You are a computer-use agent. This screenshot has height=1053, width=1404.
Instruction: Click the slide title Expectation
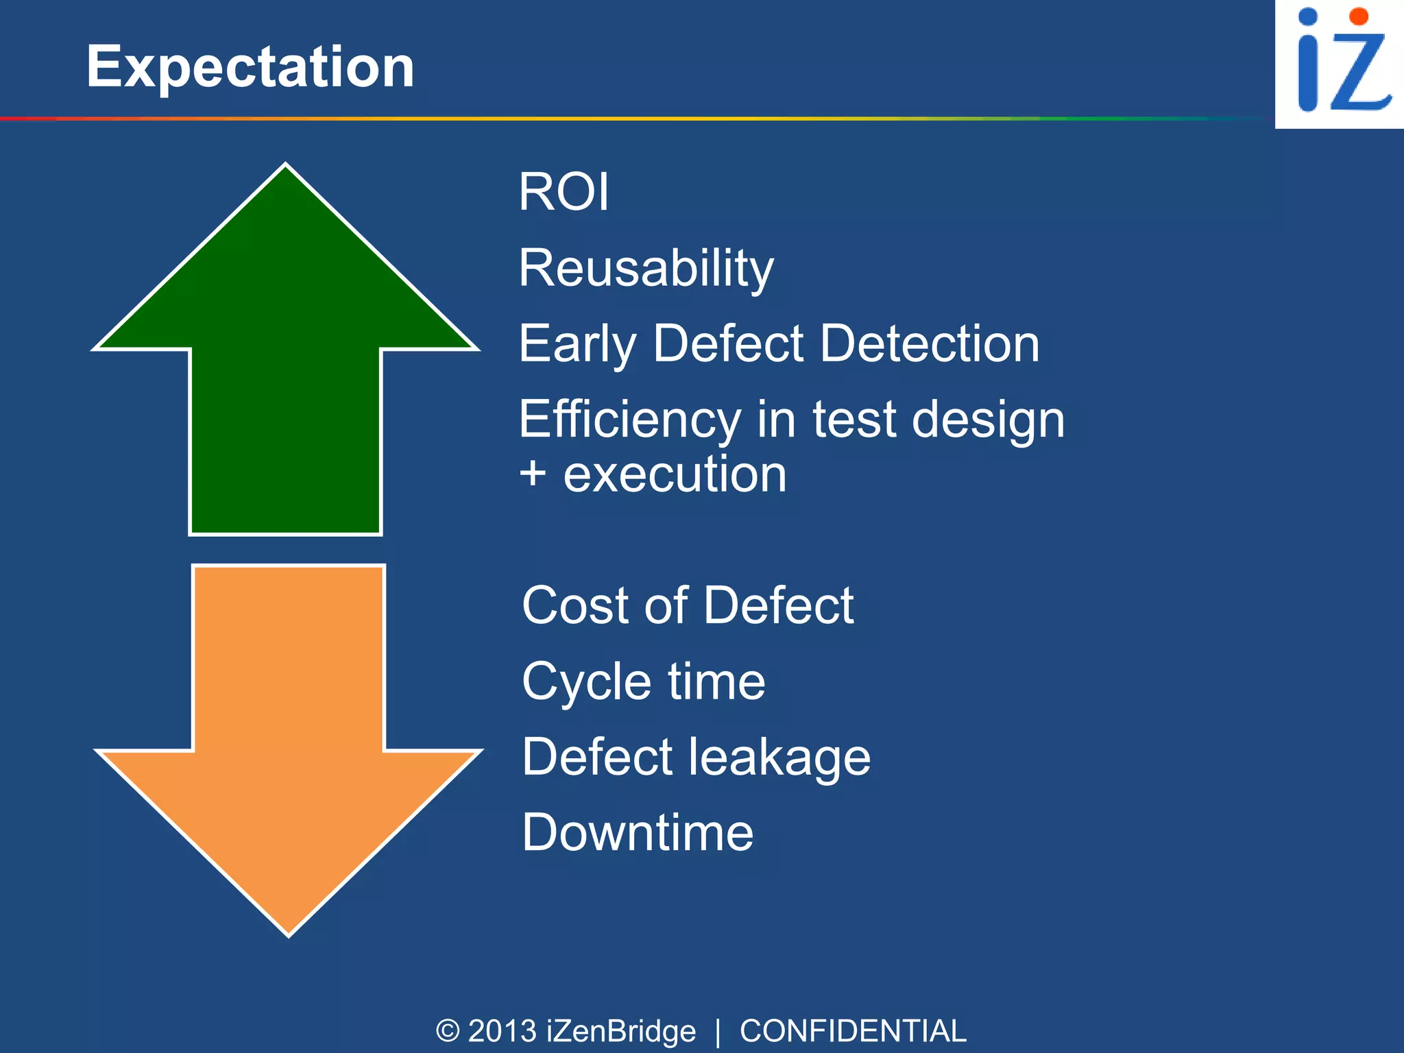(x=250, y=67)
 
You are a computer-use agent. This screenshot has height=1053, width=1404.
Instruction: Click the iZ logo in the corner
(x=1340, y=63)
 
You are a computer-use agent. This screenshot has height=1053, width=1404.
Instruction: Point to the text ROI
(x=564, y=192)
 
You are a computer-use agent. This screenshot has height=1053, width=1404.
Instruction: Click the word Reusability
(x=646, y=268)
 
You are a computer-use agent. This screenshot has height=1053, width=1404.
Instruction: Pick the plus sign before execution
(x=533, y=474)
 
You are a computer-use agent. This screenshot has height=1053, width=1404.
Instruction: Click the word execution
(x=675, y=474)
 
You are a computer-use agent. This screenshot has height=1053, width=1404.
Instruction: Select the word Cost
(x=576, y=605)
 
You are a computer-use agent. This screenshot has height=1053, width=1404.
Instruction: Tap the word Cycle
(x=586, y=682)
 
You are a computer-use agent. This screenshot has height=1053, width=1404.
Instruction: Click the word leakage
(x=779, y=758)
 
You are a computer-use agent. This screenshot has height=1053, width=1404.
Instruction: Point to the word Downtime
(x=638, y=832)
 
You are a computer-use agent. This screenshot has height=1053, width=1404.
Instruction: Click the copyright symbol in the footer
(x=448, y=1031)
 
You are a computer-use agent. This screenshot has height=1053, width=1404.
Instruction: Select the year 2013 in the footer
(x=503, y=1031)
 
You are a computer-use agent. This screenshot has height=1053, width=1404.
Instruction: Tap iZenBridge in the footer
(x=621, y=1031)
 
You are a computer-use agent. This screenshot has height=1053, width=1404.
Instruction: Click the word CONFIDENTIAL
(x=853, y=1031)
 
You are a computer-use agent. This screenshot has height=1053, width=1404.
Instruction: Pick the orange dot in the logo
(x=1358, y=16)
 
